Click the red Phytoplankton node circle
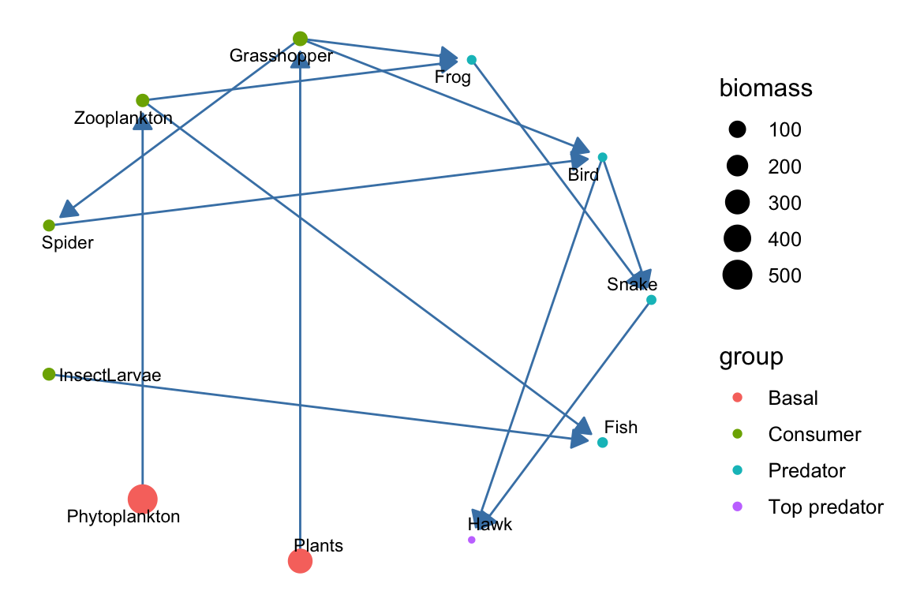pos(143,499)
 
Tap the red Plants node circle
pos(300,561)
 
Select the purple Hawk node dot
pos(471,540)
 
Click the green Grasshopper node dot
pos(300,39)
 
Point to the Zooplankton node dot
pos(143,100)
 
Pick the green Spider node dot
pos(49,225)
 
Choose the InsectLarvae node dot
pos(49,374)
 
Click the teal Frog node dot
pos(471,60)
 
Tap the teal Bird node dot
pos(602,157)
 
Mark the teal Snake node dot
pos(650,300)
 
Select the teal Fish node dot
pos(602,443)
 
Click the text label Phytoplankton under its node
pos(124,518)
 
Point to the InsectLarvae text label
pos(110,376)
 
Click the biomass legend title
pos(766,89)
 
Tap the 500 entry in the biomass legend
pos(785,275)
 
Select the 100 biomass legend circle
pos(738,130)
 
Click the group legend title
pos(751,357)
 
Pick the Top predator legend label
pos(825,507)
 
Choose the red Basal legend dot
pos(738,398)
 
